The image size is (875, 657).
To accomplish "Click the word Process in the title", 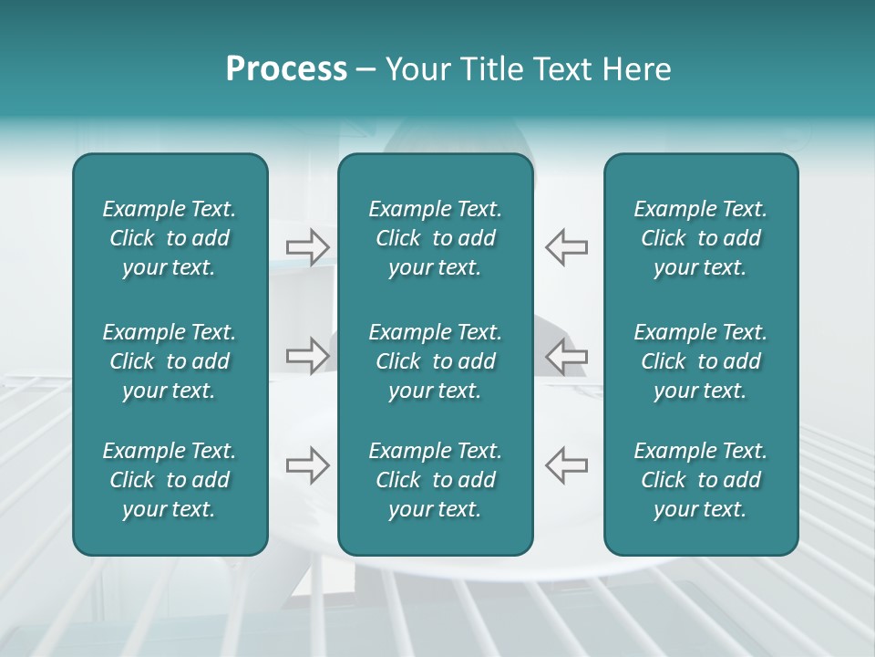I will click(286, 69).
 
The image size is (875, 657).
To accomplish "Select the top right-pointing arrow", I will click(308, 246).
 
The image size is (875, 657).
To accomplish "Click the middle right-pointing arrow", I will click(308, 355).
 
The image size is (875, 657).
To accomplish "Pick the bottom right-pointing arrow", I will click(308, 465).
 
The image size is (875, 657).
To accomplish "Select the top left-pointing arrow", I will click(566, 246).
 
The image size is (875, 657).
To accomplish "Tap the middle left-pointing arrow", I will click(566, 355).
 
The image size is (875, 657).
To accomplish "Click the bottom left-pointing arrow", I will click(566, 465).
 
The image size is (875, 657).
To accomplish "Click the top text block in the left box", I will click(170, 238).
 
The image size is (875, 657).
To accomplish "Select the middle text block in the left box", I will click(170, 361).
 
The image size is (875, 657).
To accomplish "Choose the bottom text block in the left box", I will click(170, 480).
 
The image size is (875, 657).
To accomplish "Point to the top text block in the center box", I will click(435, 238).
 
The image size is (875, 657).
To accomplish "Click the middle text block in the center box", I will click(435, 361).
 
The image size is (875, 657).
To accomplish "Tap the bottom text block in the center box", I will click(435, 480).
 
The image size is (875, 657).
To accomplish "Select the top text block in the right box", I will click(700, 238).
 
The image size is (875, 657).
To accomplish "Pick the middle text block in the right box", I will click(700, 361).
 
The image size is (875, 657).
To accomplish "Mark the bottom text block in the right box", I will click(700, 480).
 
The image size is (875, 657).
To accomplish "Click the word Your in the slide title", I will click(416, 69).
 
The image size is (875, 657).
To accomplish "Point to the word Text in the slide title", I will click(560, 69).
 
